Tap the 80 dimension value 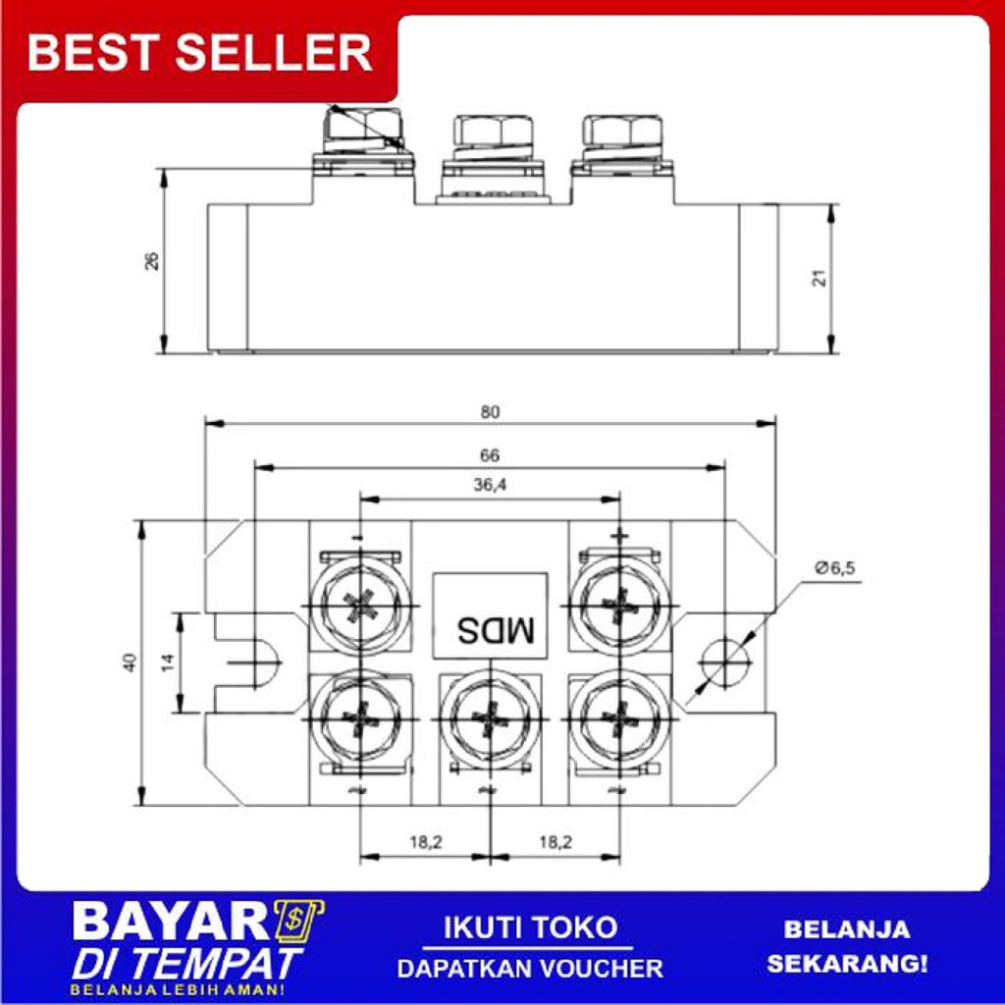coord(490,412)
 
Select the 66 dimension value coord(490,455)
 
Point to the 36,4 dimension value coord(490,485)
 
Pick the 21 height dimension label coord(820,277)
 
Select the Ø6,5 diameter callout coord(835,568)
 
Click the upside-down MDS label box coord(490,613)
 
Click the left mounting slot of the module coord(257,662)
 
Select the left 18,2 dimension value coord(425,841)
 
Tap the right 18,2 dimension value coord(555,841)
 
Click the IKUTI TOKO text coord(530,927)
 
